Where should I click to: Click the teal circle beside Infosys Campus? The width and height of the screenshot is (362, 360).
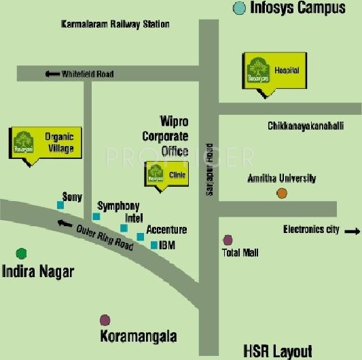click(x=239, y=8)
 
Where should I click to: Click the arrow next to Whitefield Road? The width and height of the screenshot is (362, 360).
click(x=52, y=74)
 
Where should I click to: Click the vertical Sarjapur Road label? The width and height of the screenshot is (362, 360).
click(x=209, y=170)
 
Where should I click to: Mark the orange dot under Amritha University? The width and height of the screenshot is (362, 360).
click(x=282, y=194)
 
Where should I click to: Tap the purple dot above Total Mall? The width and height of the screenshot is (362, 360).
click(x=228, y=240)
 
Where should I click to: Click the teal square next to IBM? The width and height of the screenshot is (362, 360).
click(x=154, y=245)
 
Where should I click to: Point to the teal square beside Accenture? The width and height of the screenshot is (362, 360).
click(x=140, y=236)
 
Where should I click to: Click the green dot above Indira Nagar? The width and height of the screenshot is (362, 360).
click(x=22, y=253)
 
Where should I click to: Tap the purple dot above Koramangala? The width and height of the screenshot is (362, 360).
click(x=105, y=319)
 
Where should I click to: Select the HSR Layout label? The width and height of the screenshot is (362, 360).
click(x=278, y=350)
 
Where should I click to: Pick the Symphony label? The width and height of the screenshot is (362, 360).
click(x=118, y=206)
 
